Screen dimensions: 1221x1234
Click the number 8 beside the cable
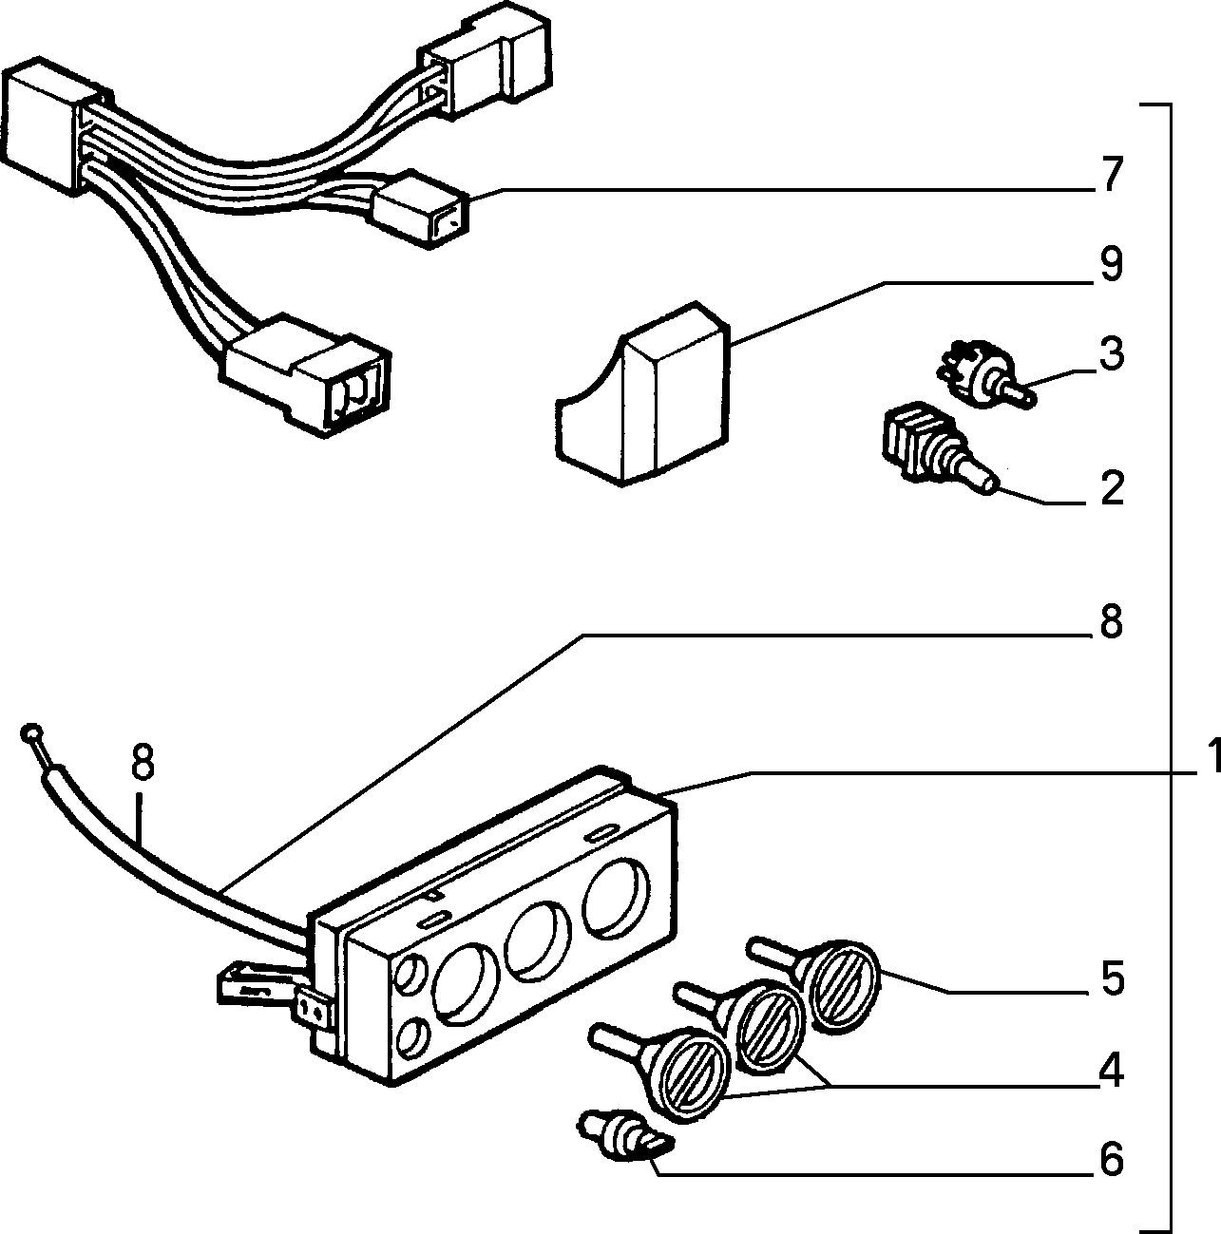coord(143,761)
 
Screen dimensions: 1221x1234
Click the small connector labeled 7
coord(420,209)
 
